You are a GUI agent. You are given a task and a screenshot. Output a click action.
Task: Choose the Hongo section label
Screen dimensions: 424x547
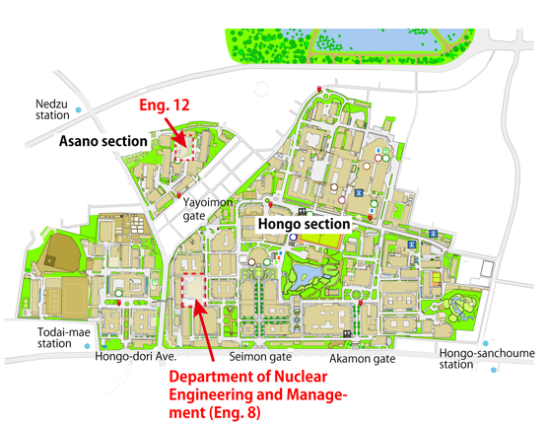tap(304, 225)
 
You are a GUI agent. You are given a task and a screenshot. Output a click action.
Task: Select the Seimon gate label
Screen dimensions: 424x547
tap(263, 357)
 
